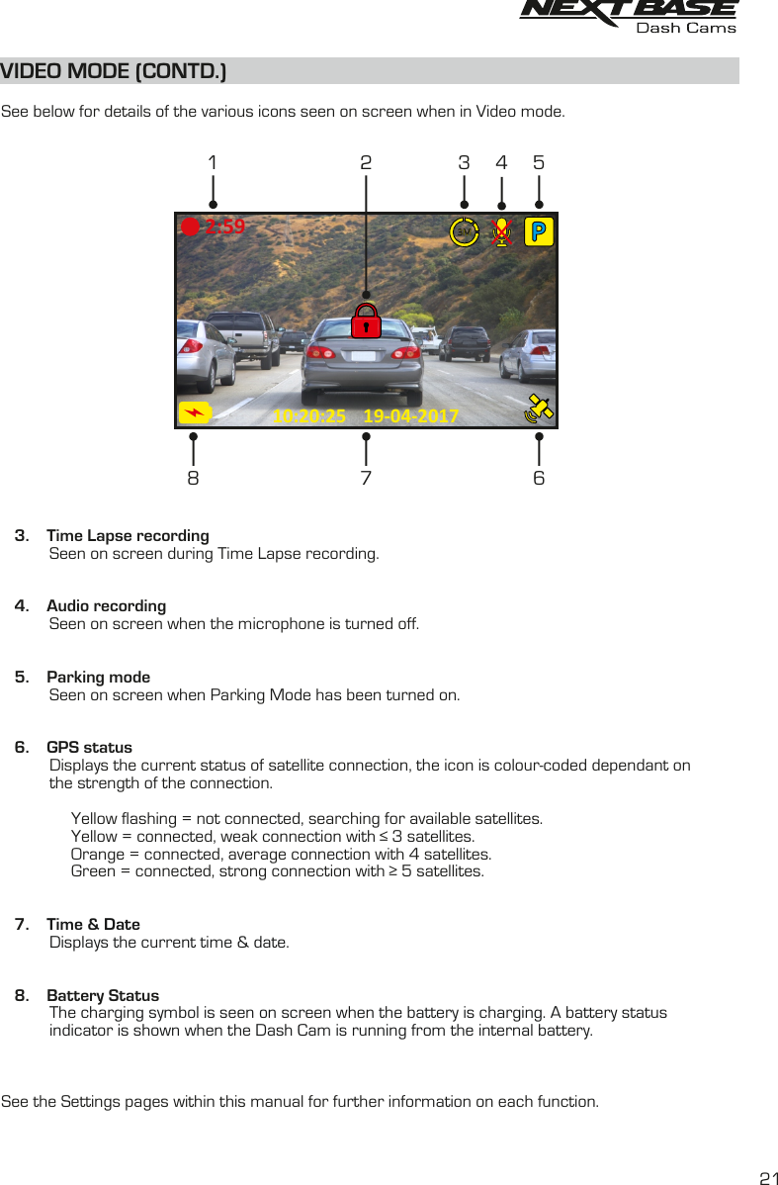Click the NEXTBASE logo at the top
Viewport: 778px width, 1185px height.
pyautogui.click(x=629, y=12)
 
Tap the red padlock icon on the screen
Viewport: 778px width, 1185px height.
pyautogui.click(x=367, y=319)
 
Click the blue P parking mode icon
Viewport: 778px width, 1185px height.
pyautogui.click(x=538, y=231)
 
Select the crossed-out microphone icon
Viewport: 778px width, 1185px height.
pyautogui.click(x=502, y=231)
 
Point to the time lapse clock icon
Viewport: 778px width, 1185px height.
pyautogui.click(x=464, y=231)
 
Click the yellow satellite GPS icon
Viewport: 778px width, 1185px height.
pyautogui.click(x=539, y=409)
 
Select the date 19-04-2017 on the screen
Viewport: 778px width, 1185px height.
pyautogui.click(x=410, y=416)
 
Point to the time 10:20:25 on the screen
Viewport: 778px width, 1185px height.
pyautogui.click(x=309, y=416)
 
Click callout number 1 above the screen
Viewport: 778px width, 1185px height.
pyautogui.click(x=213, y=162)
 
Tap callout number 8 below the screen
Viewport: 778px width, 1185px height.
pyautogui.click(x=193, y=478)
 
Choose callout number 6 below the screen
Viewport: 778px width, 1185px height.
pyautogui.click(x=539, y=478)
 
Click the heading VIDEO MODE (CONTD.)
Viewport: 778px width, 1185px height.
pyautogui.click(x=114, y=71)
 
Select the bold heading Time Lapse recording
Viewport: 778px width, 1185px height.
pyautogui.click(x=128, y=535)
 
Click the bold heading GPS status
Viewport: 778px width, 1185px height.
pyautogui.click(x=89, y=747)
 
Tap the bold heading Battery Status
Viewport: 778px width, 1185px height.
pyautogui.click(x=103, y=995)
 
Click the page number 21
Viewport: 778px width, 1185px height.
pyautogui.click(x=768, y=1178)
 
